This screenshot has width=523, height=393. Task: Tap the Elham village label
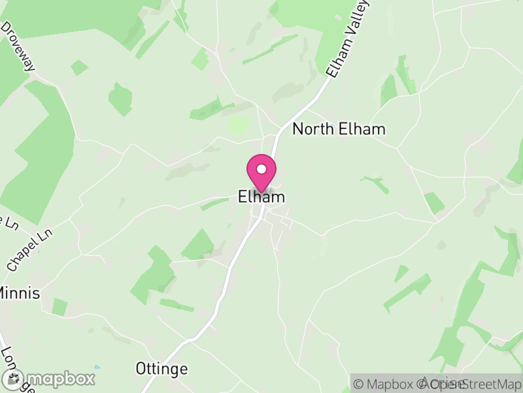(261, 196)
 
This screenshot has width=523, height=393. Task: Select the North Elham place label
(339, 129)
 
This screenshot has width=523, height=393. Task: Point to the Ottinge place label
(161, 369)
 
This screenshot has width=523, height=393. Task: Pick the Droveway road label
(18, 47)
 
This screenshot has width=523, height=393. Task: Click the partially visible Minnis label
(20, 293)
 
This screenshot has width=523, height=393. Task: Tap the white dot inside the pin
(261, 169)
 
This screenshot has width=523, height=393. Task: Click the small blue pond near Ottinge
(97, 367)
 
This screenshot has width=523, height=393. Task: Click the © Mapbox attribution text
(386, 384)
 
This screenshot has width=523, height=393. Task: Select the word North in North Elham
(312, 129)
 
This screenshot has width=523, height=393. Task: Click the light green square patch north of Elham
(240, 125)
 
